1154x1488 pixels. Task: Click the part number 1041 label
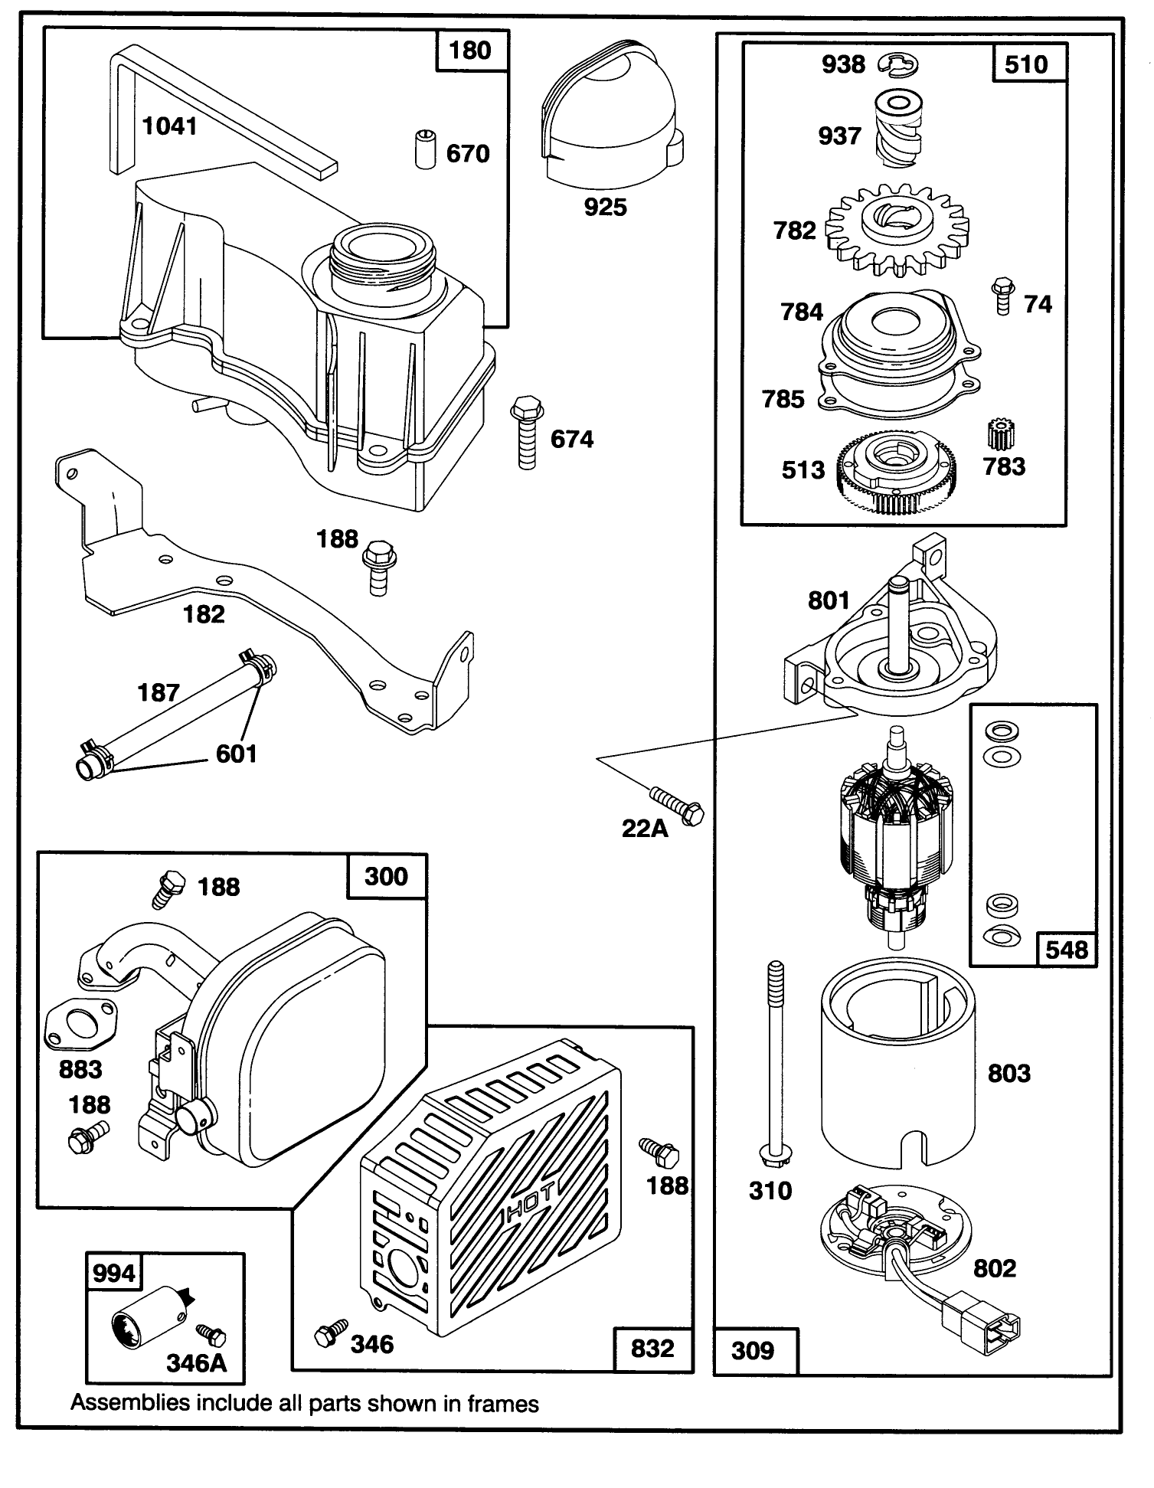(x=170, y=126)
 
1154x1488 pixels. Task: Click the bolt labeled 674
(x=525, y=433)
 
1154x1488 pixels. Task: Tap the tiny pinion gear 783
(x=1001, y=435)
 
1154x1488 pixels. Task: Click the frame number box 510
(x=1025, y=64)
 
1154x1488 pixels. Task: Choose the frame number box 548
(x=1067, y=950)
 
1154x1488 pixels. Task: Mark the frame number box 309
(x=754, y=1350)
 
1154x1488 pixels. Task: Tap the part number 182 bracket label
(x=204, y=613)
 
